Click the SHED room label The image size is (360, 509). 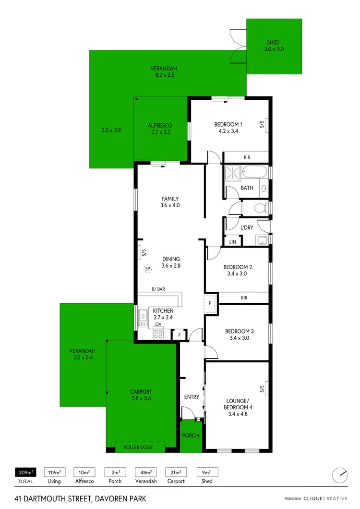click(273, 43)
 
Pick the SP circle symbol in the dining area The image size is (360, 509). click(148, 269)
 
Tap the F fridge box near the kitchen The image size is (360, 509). click(210, 304)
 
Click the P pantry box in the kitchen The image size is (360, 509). click(179, 335)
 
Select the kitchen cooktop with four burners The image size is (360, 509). click(158, 335)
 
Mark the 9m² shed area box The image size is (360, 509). click(207, 472)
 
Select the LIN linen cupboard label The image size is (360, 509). click(233, 242)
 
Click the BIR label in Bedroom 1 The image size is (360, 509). click(247, 157)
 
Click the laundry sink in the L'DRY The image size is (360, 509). click(262, 240)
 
